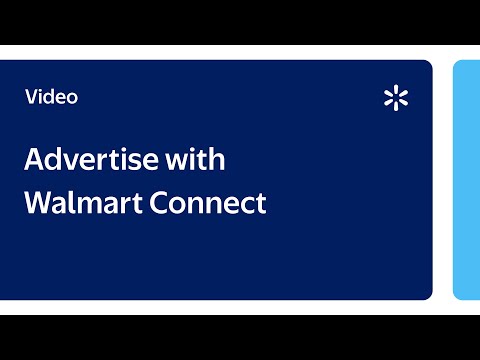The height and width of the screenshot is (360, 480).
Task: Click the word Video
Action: pyautogui.click(x=51, y=97)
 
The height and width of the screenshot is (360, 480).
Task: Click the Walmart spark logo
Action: pyautogui.click(x=397, y=98)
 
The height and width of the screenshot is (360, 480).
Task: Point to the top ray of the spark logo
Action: pyautogui.click(x=397, y=90)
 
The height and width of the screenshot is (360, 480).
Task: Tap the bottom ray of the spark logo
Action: pyautogui.click(x=397, y=106)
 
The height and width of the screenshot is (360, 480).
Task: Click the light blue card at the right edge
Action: pyautogui.click(x=467, y=180)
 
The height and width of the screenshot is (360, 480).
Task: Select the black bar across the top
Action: pyautogui.click(x=240, y=22)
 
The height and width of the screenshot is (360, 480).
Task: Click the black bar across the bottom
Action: pyautogui.click(x=240, y=337)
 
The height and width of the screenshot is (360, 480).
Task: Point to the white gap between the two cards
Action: pyautogui.click(x=443, y=180)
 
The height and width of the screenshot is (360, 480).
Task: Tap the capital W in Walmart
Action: pyautogui.click(x=38, y=203)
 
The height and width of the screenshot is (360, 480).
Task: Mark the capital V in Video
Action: pyautogui.click(x=31, y=97)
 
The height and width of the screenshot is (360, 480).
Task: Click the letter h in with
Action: pyautogui.click(x=218, y=159)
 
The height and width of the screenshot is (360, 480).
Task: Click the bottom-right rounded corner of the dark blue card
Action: pyautogui.click(x=428, y=295)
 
